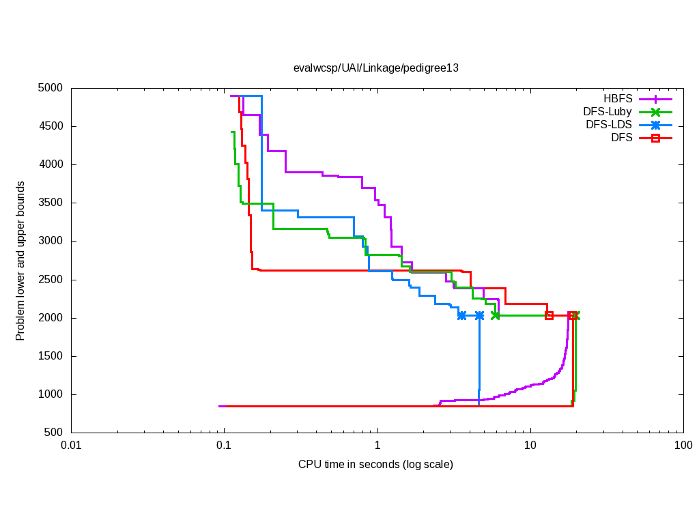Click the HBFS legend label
pyautogui.click(x=618, y=98)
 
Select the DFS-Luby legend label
pyautogui.click(x=608, y=111)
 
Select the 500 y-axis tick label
pyautogui.click(x=54, y=433)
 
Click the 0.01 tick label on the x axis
pyautogui.click(x=71, y=446)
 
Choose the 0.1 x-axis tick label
pyautogui.click(x=224, y=446)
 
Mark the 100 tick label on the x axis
pyautogui.click(x=683, y=446)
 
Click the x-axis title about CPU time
pyautogui.click(x=375, y=465)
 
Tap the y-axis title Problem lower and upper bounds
pyautogui.click(x=20, y=261)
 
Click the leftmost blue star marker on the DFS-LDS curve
pyautogui.click(x=462, y=315)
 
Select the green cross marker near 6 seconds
pyautogui.click(x=496, y=315)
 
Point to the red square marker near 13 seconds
pyautogui.click(x=549, y=315)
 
